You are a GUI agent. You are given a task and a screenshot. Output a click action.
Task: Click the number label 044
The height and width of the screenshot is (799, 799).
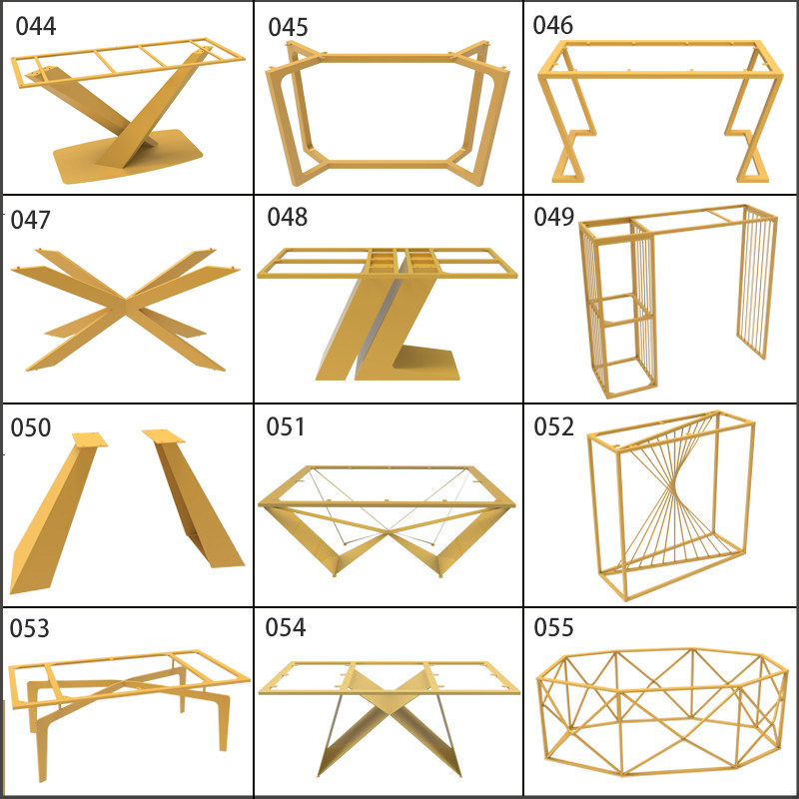(36, 27)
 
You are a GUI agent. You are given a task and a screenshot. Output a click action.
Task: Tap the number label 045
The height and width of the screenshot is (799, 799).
(288, 28)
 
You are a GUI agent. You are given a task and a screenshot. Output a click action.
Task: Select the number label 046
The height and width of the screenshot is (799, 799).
(553, 26)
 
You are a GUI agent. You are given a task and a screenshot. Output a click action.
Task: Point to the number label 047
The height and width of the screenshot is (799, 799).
(31, 220)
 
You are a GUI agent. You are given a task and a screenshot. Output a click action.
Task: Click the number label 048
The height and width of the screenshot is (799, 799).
(288, 217)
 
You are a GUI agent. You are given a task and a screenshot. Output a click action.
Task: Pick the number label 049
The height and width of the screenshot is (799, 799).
(554, 217)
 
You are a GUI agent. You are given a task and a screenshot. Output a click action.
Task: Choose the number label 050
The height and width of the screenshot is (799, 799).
(31, 427)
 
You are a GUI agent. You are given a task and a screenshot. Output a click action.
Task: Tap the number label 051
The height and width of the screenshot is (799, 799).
(286, 426)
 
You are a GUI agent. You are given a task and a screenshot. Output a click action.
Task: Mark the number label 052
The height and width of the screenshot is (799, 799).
(554, 426)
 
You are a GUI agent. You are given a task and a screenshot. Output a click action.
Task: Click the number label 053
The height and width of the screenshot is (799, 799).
(30, 628)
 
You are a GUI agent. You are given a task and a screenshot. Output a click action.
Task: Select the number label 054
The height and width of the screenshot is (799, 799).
(286, 627)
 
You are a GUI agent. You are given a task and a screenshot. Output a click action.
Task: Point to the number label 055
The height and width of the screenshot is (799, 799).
(554, 627)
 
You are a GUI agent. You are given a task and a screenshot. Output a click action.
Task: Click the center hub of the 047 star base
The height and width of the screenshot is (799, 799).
(126, 305)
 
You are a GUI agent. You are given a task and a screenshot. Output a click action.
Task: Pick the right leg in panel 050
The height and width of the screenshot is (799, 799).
(196, 499)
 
